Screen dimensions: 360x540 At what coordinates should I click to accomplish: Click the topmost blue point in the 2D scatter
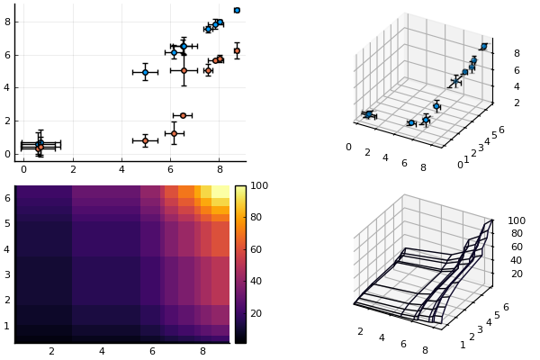click(x=237, y=10)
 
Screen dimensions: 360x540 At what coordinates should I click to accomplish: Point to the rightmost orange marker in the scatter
click(x=237, y=50)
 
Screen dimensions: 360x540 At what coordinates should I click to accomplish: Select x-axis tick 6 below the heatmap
click(x=152, y=351)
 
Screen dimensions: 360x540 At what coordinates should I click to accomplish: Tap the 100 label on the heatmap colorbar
click(x=259, y=186)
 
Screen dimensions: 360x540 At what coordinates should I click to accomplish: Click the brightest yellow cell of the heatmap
click(x=220, y=192)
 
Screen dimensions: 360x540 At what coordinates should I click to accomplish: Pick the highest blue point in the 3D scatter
click(x=484, y=46)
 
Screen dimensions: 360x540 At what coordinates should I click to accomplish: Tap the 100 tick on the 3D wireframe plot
click(x=517, y=220)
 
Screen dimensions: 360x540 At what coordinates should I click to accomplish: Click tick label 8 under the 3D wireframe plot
click(x=425, y=350)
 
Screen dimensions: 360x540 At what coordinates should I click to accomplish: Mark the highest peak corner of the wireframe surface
click(x=491, y=220)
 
